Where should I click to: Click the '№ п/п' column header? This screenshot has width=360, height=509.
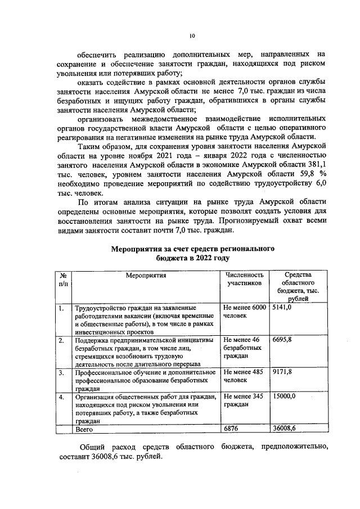pos(64,280)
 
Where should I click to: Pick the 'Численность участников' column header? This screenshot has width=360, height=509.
pos(245,280)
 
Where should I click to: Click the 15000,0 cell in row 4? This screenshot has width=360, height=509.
pos(283,397)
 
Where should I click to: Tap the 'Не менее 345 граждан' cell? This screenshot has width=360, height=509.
pos(244,400)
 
